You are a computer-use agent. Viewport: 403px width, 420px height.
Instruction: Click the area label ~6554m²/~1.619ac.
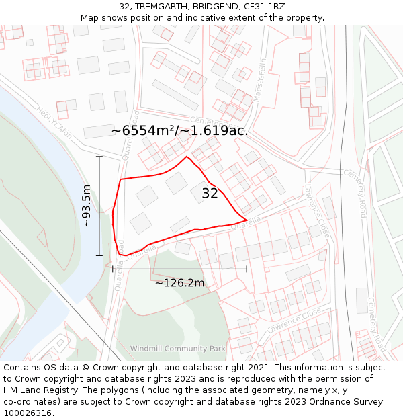[179, 130]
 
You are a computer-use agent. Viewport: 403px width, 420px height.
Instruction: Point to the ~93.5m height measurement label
[87, 206]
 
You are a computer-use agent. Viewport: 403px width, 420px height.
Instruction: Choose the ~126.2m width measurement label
[179, 283]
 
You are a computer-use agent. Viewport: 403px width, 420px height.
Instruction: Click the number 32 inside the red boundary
[210, 194]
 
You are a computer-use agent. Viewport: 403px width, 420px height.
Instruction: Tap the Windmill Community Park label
[177, 349]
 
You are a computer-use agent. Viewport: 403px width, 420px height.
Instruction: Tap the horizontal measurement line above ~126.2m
[179, 269]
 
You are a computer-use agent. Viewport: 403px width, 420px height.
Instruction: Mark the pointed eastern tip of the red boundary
[247, 220]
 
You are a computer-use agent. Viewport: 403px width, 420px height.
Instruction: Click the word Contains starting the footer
[24, 368]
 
